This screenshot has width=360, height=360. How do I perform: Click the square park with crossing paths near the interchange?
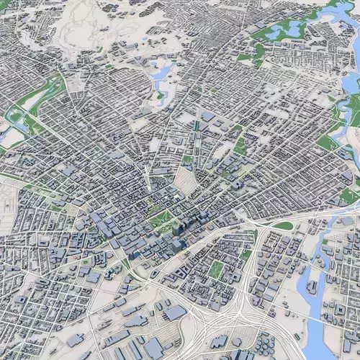[216, 269]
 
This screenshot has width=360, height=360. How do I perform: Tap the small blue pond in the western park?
[18, 122]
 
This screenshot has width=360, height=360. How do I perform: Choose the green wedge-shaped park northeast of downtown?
[239, 144]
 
